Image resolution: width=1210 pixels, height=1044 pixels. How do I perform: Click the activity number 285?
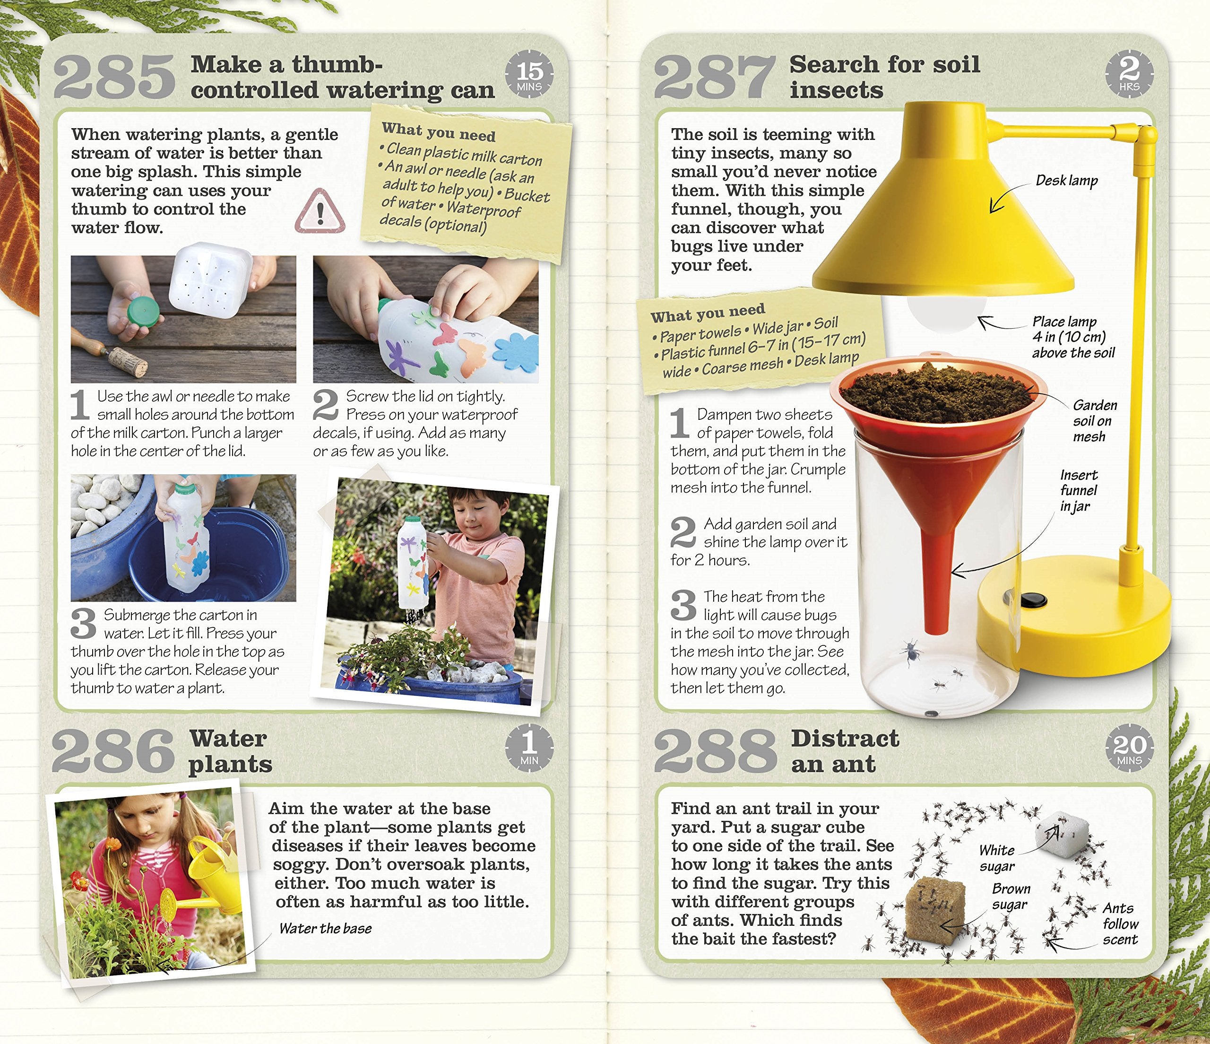tap(114, 77)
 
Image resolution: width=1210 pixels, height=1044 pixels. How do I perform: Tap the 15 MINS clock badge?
tap(529, 75)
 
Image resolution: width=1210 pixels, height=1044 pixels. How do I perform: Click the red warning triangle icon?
tap(320, 211)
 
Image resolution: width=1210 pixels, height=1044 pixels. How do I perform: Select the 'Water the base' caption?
tap(325, 928)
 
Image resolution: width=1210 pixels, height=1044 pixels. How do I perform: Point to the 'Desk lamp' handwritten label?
tap(1066, 181)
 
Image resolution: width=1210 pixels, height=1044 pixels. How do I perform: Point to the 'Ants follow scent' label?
tap(1119, 923)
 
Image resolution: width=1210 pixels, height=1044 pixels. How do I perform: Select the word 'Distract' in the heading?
tap(845, 739)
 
